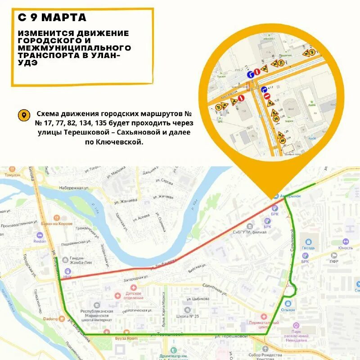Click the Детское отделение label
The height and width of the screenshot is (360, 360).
133,295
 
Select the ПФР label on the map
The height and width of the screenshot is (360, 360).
334,261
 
